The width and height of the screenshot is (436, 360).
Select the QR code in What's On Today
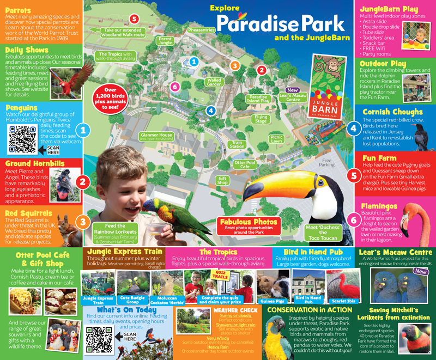98,339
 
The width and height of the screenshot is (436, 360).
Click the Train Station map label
237,144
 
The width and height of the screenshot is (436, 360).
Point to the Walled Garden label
214,82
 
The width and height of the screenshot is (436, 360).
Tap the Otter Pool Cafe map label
245,164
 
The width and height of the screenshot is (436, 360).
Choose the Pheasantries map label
201,30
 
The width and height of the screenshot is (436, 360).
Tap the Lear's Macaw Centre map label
293,96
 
